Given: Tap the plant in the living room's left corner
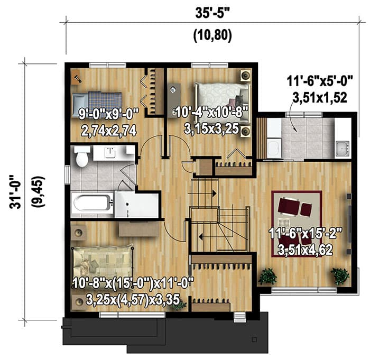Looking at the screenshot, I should tap(268, 276).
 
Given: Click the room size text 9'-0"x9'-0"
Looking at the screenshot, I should tap(108, 112).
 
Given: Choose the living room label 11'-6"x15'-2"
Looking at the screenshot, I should tap(306, 233).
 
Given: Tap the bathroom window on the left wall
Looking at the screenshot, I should tap(67, 173).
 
